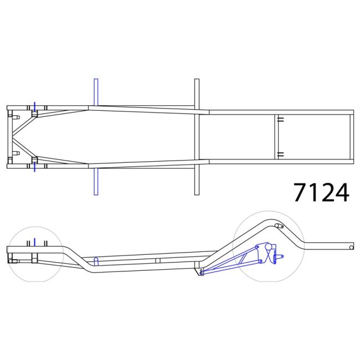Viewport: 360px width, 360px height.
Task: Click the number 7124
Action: [321, 192]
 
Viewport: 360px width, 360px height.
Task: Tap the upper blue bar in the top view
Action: [96, 91]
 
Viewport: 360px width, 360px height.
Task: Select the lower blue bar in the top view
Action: [96, 182]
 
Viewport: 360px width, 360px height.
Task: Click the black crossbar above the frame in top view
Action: [197, 93]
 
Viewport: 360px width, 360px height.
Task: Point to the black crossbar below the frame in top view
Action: [197, 180]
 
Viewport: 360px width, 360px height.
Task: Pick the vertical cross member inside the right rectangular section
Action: [276, 137]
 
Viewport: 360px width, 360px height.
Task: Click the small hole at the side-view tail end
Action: [351, 248]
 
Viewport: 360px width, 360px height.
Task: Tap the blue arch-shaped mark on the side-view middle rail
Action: [95, 261]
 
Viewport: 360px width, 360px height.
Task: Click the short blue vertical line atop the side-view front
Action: [34, 241]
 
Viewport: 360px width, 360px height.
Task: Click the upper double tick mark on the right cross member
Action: [280, 119]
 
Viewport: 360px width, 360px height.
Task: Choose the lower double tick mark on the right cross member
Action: [280, 155]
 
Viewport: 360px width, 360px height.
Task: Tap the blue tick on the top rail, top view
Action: [34, 105]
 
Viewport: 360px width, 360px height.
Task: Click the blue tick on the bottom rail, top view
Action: [34, 168]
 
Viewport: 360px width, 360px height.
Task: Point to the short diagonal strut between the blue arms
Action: [243, 259]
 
